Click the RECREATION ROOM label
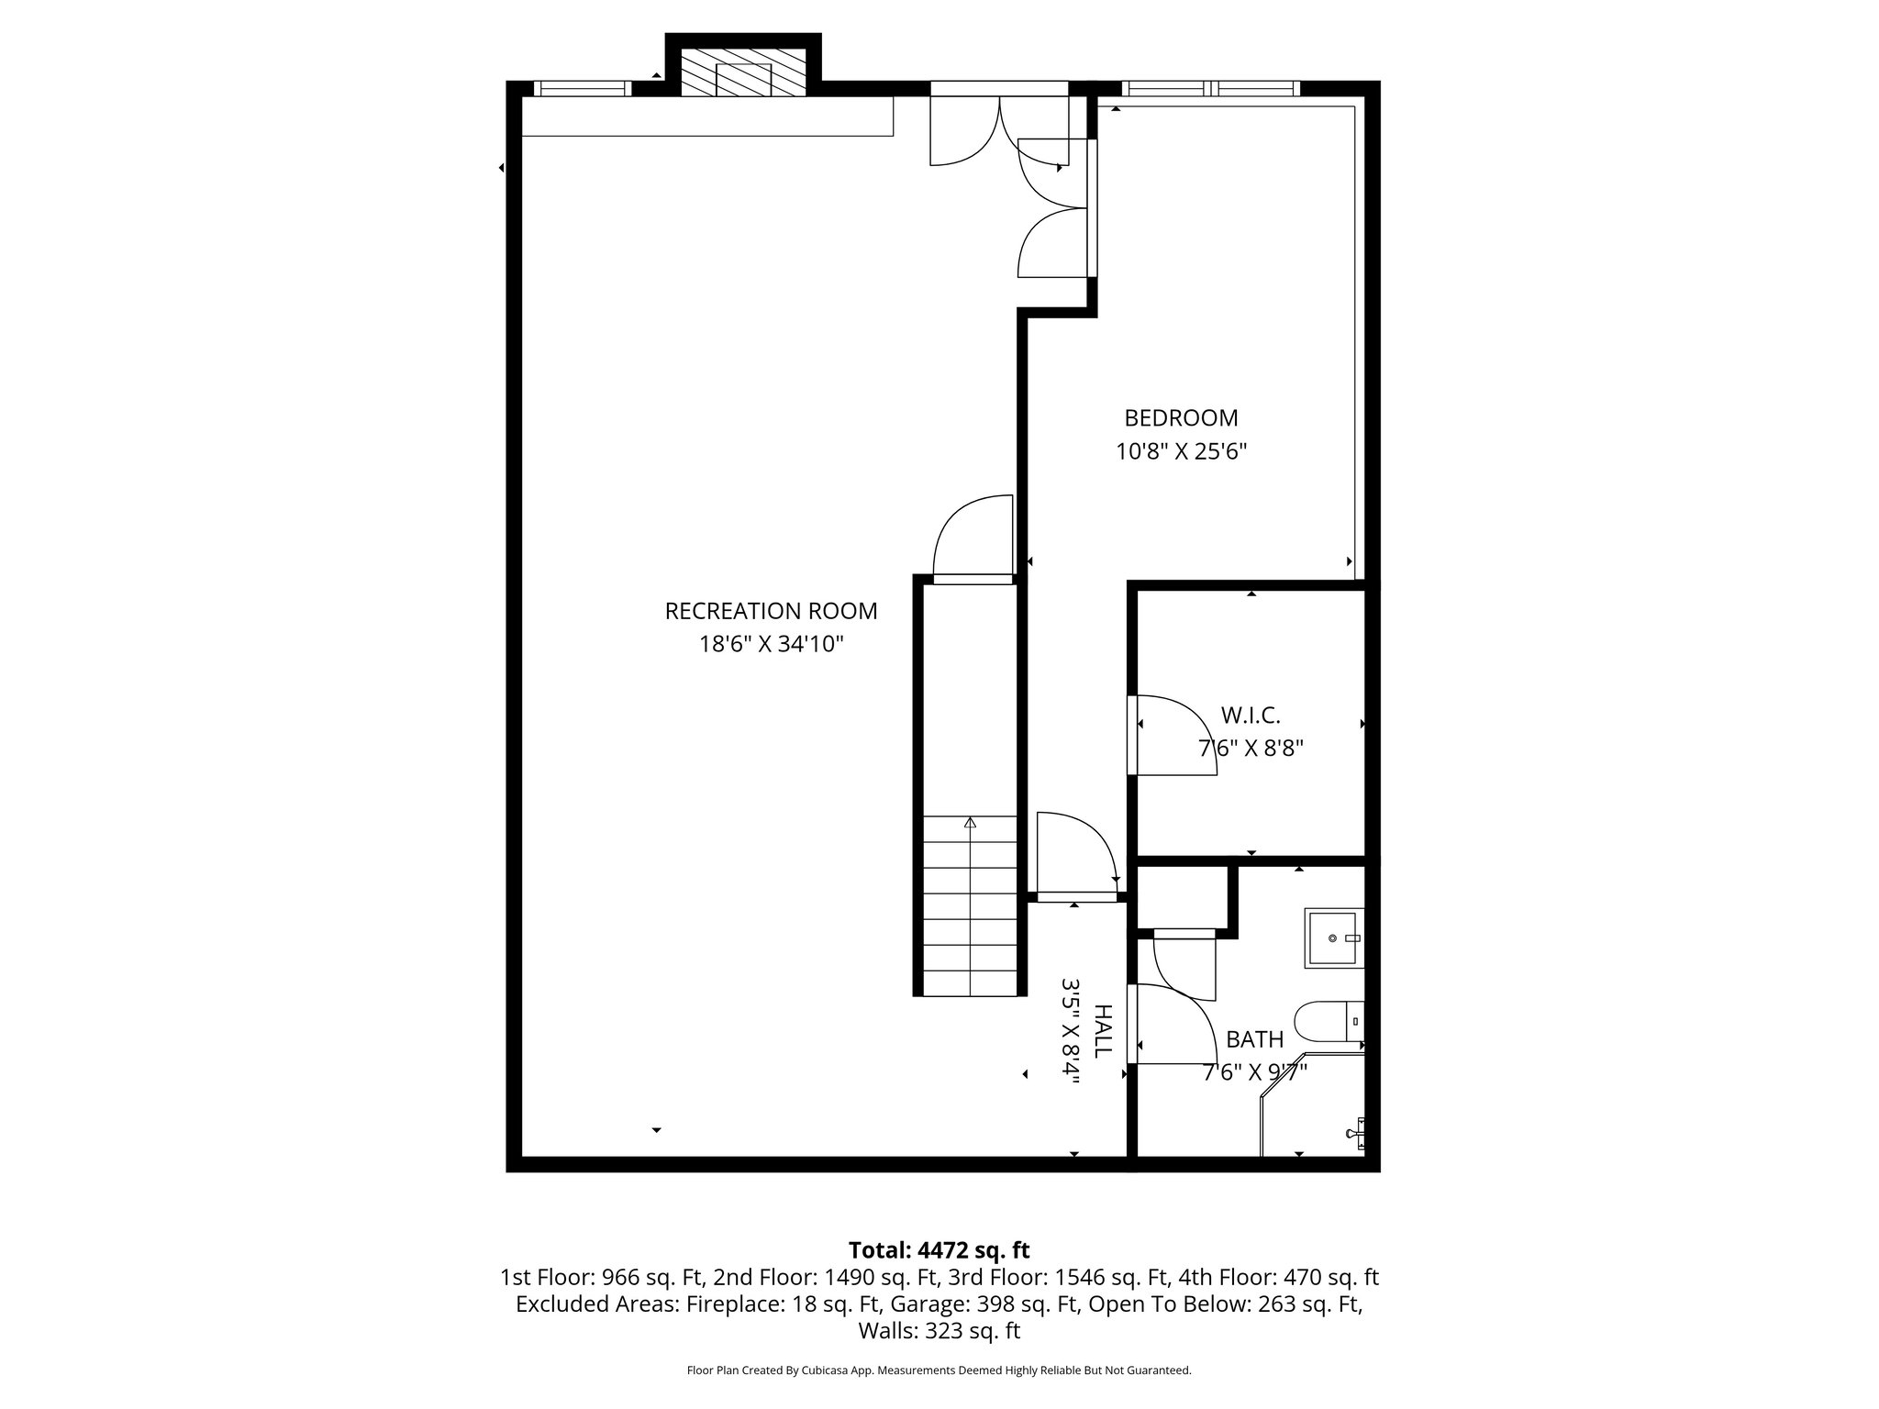click(x=771, y=611)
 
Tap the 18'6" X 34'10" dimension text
click(x=771, y=644)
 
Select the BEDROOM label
click(x=1181, y=418)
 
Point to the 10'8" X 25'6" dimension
click(x=1181, y=451)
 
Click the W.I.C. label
click(x=1250, y=715)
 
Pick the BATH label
click(x=1254, y=1039)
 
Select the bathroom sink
click(x=1333, y=937)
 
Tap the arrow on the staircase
click(x=970, y=823)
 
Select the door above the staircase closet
click(x=973, y=539)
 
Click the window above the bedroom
click(x=1211, y=89)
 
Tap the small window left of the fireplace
click(x=582, y=89)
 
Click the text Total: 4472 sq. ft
click(x=939, y=1250)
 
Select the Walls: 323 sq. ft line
click(x=939, y=1330)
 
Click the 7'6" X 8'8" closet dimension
click(x=1251, y=748)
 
